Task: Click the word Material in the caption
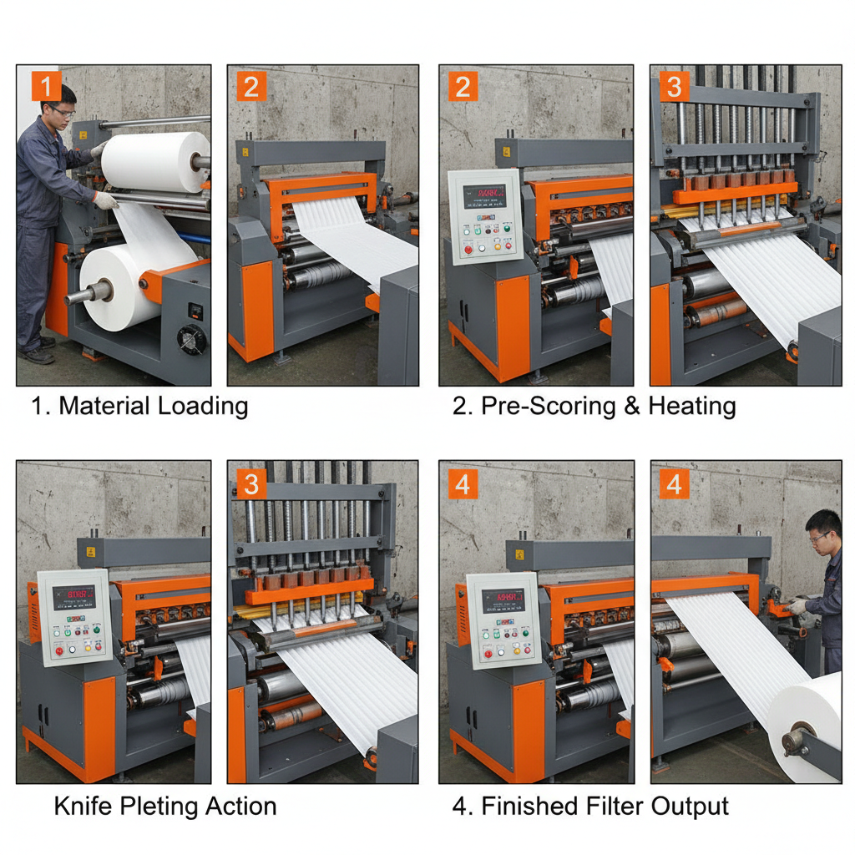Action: click(105, 407)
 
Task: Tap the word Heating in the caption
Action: click(692, 407)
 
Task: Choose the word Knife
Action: click(86, 807)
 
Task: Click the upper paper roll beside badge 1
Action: click(155, 161)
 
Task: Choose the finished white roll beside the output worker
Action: click(806, 726)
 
